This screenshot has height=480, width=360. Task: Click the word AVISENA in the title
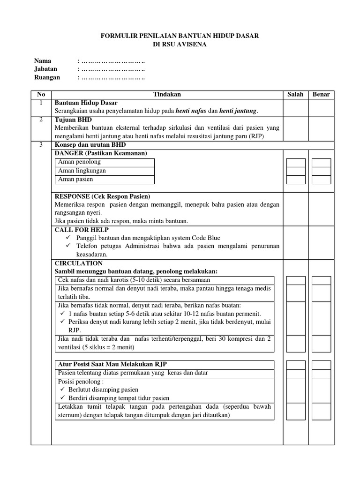[192, 45]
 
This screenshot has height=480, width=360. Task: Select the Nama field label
[43, 61]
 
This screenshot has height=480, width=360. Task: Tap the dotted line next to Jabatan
[113, 69]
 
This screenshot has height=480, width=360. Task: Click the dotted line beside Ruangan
[113, 78]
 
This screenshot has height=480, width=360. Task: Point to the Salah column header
[295, 94]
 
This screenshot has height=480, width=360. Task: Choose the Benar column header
[321, 94]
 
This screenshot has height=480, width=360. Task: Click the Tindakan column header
[167, 94]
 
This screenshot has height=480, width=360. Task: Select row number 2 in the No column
[41, 120]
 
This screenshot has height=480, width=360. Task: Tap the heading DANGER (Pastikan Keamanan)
[101, 153]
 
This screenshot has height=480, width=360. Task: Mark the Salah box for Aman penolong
[296, 163]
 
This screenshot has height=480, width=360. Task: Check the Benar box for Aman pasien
[321, 180]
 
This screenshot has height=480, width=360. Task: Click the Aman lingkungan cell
[82, 171]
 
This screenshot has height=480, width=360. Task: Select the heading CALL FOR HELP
[82, 230]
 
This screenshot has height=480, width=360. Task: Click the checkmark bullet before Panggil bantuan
[68, 238]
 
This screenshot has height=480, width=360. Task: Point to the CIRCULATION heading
[78, 263]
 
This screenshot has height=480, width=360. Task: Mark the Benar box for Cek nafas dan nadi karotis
[321, 280]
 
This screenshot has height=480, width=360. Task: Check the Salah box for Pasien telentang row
[296, 373]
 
